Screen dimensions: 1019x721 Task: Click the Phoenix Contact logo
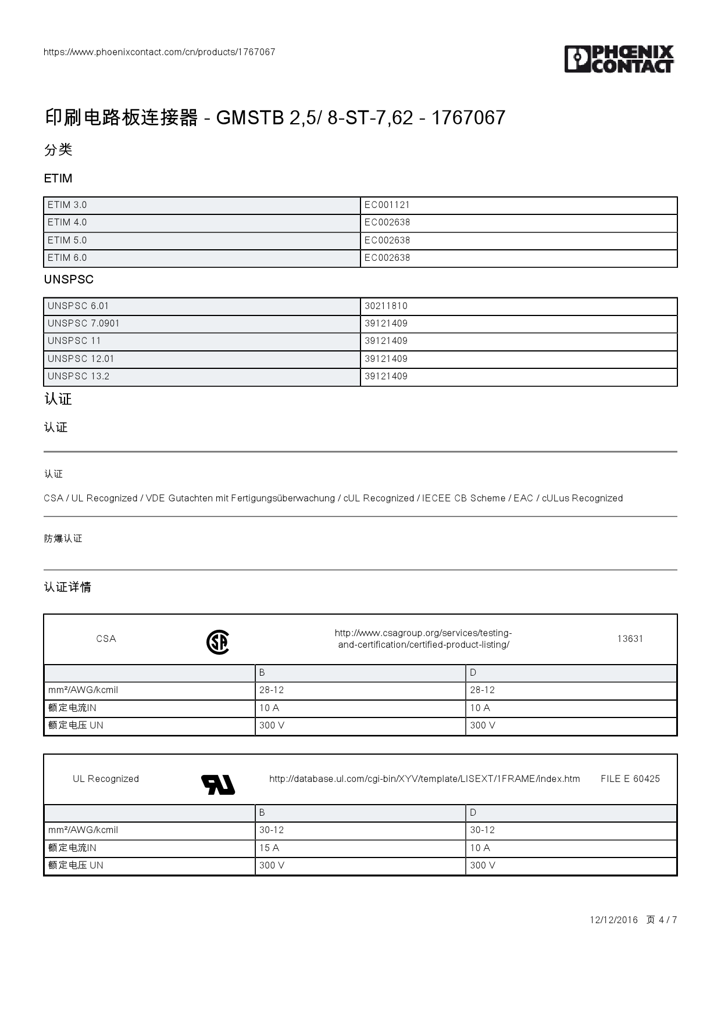click(x=619, y=59)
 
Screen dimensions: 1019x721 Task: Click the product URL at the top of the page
click(x=159, y=52)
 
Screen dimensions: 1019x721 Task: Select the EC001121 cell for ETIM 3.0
click(x=387, y=205)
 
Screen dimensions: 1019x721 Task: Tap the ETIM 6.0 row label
click(x=67, y=258)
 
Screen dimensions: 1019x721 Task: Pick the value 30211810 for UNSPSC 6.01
click(x=386, y=306)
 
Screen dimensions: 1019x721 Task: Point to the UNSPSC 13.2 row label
click(x=78, y=376)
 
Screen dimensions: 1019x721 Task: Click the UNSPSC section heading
click(x=69, y=279)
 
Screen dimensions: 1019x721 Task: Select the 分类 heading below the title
click(x=58, y=150)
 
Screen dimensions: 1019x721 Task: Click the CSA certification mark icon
click(x=218, y=643)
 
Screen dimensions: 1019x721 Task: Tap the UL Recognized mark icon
click(x=218, y=784)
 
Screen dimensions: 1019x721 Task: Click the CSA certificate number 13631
click(x=630, y=639)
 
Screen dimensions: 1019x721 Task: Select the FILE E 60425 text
click(x=630, y=779)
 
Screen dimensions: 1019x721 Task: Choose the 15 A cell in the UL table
click(x=269, y=848)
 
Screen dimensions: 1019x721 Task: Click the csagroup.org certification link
click(x=423, y=639)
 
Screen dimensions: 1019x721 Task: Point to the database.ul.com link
click(x=424, y=779)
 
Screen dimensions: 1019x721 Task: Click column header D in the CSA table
click(x=473, y=673)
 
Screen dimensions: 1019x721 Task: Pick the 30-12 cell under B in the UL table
click(x=272, y=830)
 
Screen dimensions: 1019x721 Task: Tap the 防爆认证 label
click(x=63, y=539)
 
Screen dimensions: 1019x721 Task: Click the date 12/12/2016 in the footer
click(x=614, y=920)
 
